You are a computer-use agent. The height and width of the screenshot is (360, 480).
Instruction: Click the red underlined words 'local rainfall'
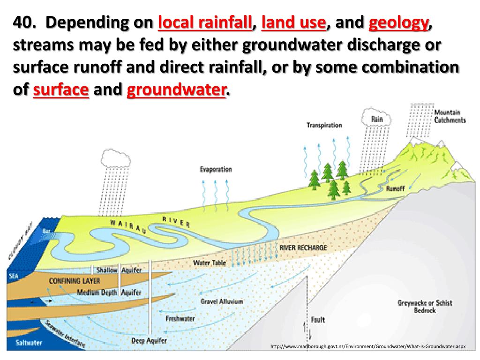pyautogui.click(x=205, y=22)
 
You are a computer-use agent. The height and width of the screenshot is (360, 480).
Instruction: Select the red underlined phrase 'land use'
pyautogui.click(x=293, y=22)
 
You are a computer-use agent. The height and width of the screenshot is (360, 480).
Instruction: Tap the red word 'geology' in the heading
pyautogui.click(x=398, y=22)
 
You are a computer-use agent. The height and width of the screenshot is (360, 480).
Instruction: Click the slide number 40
pyautogui.click(x=24, y=22)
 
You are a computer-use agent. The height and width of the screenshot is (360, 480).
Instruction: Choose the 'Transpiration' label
pyautogui.click(x=324, y=125)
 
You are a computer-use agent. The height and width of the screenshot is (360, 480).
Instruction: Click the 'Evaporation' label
pyautogui.click(x=216, y=170)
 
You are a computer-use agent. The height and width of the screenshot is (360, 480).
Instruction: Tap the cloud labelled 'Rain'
pyautogui.click(x=377, y=119)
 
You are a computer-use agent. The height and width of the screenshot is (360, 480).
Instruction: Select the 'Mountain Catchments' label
pyautogui.click(x=450, y=116)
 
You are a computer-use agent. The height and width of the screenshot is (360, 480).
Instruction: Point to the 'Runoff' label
pyautogui.click(x=395, y=189)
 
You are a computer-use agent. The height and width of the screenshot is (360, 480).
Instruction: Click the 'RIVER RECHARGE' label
pyautogui.click(x=303, y=247)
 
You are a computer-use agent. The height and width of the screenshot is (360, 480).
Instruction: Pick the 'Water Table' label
pyautogui.click(x=210, y=263)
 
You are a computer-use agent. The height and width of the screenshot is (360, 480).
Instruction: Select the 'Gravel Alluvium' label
pyautogui.click(x=222, y=302)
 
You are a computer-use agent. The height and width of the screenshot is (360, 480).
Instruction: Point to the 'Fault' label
pyautogui.click(x=317, y=320)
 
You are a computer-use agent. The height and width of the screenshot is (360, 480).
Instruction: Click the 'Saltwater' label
pyautogui.click(x=30, y=343)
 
